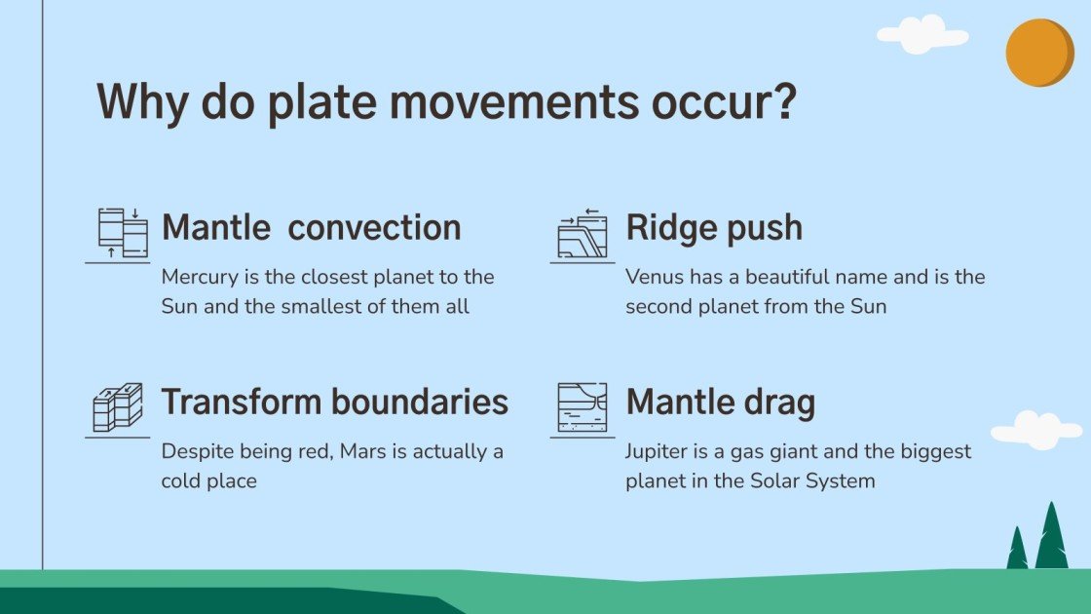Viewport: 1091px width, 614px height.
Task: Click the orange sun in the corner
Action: tap(1038, 53)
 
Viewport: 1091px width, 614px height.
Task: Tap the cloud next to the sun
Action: tap(921, 35)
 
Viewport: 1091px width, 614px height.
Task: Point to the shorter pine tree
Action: tap(1017, 551)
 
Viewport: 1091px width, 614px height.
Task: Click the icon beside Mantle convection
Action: tap(122, 232)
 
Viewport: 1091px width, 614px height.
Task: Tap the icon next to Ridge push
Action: tap(583, 234)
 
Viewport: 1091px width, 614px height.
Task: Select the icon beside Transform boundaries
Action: tap(118, 406)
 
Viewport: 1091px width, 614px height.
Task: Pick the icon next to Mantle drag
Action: tap(583, 406)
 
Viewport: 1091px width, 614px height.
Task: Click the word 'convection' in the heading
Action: tap(375, 228)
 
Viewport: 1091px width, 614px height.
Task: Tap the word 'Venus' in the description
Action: tap(652, 277)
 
